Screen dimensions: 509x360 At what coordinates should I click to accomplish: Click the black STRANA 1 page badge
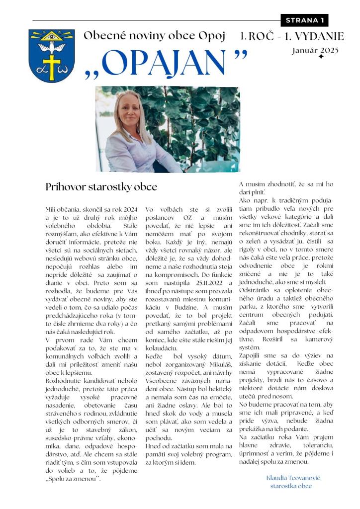point(305,20)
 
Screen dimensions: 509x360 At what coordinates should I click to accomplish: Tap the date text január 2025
point(315,50)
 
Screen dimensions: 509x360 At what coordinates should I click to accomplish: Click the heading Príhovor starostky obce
point(101,187)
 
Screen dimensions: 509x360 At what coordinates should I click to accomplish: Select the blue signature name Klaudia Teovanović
point(293,477)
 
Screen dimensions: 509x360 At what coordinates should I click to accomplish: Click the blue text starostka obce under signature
point(291,486)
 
